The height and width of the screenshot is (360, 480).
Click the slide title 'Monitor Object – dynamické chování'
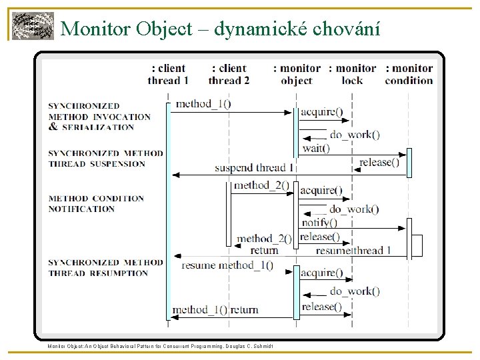tap(220, 28)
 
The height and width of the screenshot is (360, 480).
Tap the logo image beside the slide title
tap(33, 27)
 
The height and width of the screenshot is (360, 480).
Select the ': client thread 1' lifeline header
tap(168, 74)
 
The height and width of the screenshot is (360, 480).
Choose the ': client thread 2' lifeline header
tap(229, 74)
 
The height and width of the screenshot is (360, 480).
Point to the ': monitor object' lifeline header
tap(297, 74)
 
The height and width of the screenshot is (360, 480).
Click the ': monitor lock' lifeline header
tap(353, 74)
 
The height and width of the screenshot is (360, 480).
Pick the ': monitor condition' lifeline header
tap(409, 74)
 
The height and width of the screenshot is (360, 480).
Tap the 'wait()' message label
tap(316, 149)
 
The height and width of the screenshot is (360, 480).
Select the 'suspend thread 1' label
tap(254, 167)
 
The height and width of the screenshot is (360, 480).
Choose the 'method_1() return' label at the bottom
tap(215, 309)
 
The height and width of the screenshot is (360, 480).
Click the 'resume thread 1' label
tap(353, 251)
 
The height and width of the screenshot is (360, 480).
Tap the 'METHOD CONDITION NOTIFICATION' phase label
tap(96, 203)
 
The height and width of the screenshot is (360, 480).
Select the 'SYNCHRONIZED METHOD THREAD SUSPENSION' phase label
tap(105, 158)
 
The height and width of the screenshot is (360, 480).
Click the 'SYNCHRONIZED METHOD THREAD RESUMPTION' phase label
tap(105, 267)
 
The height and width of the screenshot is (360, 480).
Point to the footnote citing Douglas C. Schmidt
tap(160, 345)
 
